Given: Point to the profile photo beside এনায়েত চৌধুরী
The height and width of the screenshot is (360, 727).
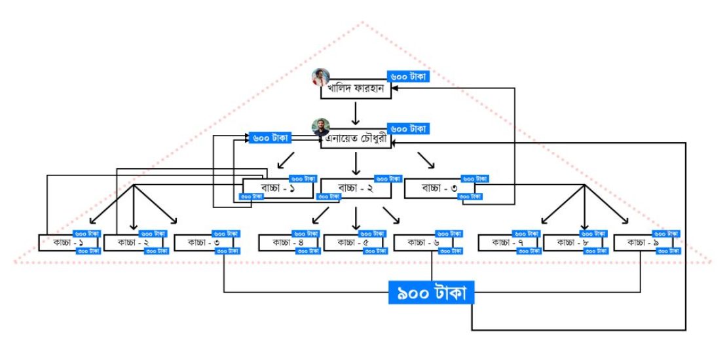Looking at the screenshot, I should coord(321,128).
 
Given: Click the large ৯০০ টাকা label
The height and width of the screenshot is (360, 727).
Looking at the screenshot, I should coord(431,293).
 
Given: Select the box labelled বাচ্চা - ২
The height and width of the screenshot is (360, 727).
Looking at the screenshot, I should coord(356,189).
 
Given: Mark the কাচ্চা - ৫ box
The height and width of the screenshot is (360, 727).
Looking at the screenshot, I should coord(356,243).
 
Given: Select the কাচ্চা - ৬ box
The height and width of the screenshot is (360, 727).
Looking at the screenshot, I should coord(426,243).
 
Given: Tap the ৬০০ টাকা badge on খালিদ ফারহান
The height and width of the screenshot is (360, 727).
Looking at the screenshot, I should coord(408,77).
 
